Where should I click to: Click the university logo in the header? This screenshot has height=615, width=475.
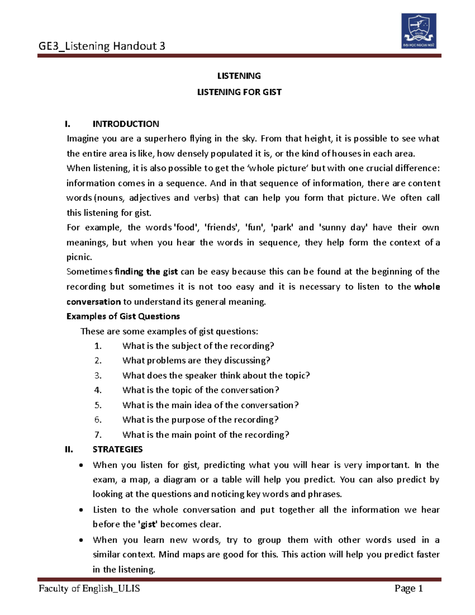(x=419, y=30)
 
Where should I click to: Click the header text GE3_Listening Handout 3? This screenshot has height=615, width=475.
(x=102, y=46)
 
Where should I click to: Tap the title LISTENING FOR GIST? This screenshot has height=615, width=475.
(x=239, y=92)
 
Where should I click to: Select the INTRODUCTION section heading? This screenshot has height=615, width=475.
(x=125, y=124)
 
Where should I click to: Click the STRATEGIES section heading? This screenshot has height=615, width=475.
(x=118, y=449)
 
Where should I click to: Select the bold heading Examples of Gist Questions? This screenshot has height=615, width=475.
(x=123, y=316)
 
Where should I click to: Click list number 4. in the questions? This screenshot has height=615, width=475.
(x=98, y=390)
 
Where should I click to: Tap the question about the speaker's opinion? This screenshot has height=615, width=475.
(x=216, y=375)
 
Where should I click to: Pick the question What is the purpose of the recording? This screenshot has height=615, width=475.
(x=200, y=420)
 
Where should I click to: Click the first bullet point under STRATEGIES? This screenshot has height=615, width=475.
(x=81, y=466)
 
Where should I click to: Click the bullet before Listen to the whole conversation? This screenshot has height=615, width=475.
(x=81, y=510)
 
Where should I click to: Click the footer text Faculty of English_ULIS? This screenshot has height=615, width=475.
(x=89, y=588)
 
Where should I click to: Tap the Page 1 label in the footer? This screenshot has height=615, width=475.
(x=408, y=588)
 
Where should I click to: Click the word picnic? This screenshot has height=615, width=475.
(x=79, y=257)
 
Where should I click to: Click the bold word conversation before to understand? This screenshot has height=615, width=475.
(x=93, y=302)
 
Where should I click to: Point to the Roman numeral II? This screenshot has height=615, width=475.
(x=69, y=449)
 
